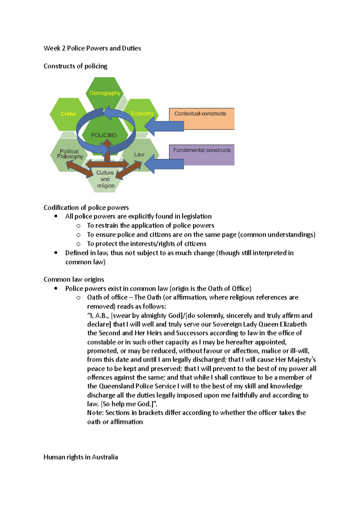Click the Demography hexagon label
click(105, 93)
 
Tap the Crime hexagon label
click(68, 114)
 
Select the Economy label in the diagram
click(142, 114)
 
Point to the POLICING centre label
click(104, 135)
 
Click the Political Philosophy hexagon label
click(70, 154)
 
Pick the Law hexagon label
click(139, 154)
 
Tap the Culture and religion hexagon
click(105, 179)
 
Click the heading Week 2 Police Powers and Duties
click(92, 48)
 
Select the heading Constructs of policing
click(75, 66)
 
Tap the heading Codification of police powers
click(86, 208)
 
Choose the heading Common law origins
click(74, 280)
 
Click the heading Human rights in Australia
click(81, 457)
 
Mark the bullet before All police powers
click(56, 216)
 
